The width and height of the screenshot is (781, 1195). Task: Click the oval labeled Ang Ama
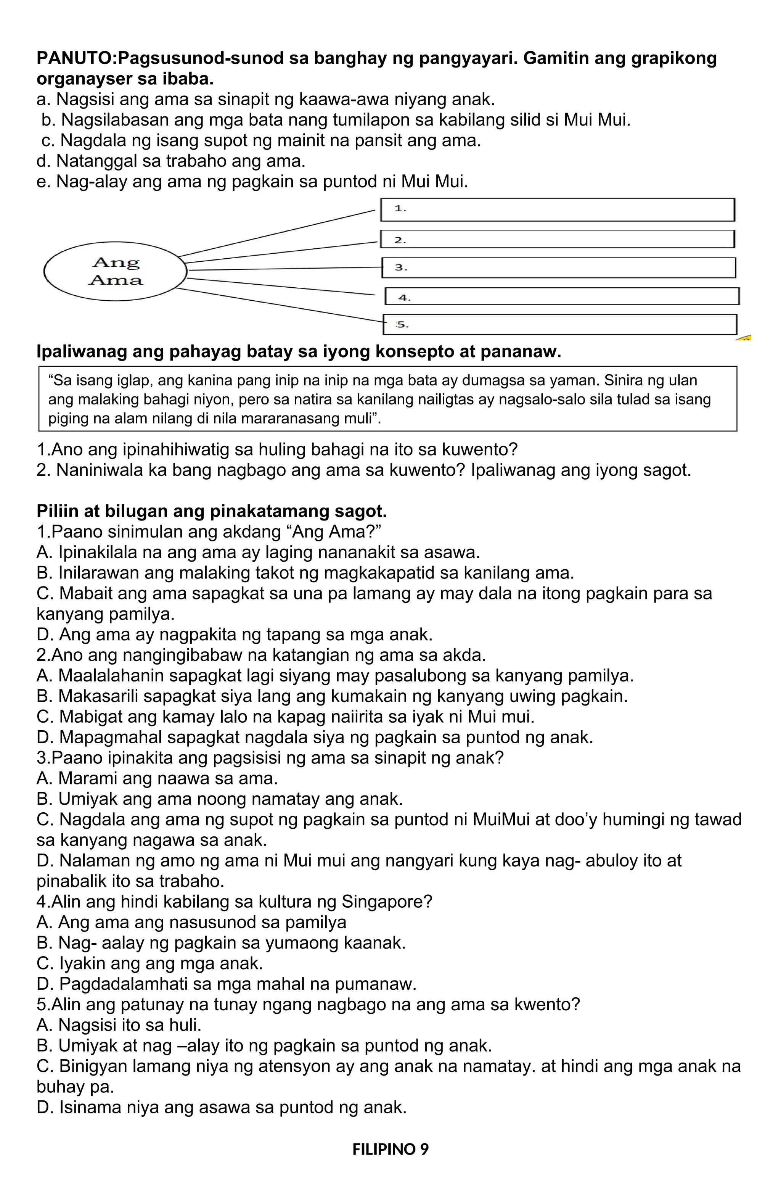[116, 271]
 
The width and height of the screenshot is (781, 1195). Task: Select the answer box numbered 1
[557, 210]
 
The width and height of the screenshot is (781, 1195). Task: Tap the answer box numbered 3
[558, 267]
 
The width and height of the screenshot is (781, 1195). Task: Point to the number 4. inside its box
[405, 298]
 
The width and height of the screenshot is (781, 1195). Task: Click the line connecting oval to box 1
[276, 234]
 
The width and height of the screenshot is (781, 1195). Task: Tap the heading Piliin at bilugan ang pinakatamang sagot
[211, 511]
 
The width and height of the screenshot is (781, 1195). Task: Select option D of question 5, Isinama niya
[221, 1108]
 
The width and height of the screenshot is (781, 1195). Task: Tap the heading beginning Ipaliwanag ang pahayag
[298, 351]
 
